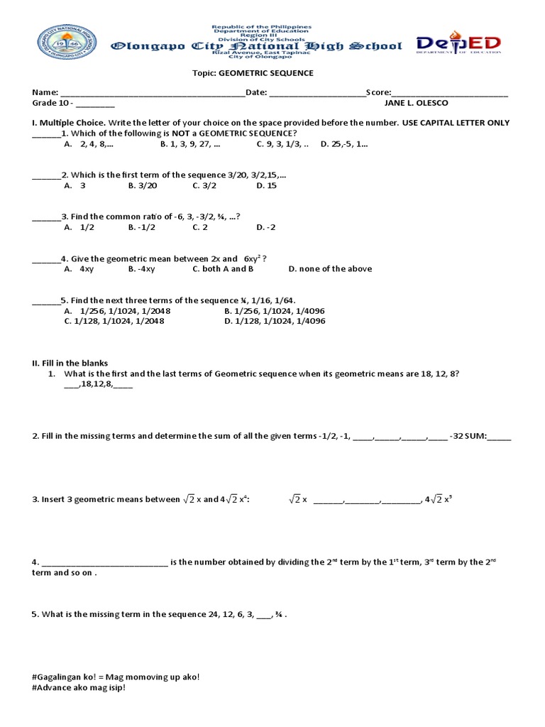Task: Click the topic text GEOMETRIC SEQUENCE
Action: tap(273, 73)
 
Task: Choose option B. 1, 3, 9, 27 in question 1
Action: tap(190, 144)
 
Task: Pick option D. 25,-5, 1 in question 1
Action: tap(344, 144)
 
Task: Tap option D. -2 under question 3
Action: tap(266, 227)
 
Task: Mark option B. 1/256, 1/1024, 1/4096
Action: tap(275, 311)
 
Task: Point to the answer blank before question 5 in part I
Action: tap(46, 301)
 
